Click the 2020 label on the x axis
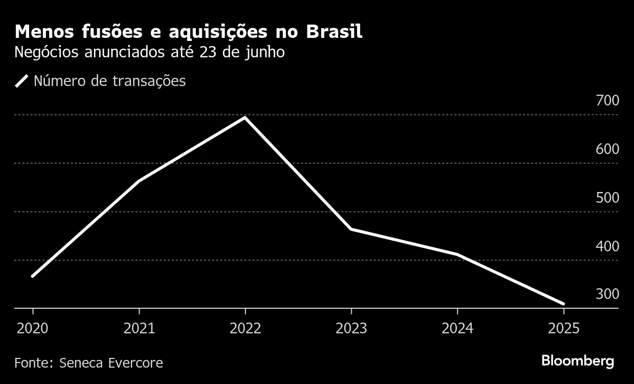click(33, 328)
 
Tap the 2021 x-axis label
click(139, 328)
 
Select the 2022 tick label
click(245, 328)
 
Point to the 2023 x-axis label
click(351, 328)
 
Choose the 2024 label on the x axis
click(457, 328)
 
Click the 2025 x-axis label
click(563, 328)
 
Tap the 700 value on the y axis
click(607, 100)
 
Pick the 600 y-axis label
click(607, 149)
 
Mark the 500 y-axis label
click(607, 198)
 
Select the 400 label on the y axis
click(607, 246)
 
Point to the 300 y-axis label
click(607, 294)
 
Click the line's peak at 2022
click(245, 118)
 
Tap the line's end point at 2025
click(563, 304)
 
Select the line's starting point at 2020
click(33, 276)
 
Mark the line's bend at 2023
click(351, 229)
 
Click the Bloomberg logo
click(577, 361)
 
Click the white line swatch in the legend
click(21, 81)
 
